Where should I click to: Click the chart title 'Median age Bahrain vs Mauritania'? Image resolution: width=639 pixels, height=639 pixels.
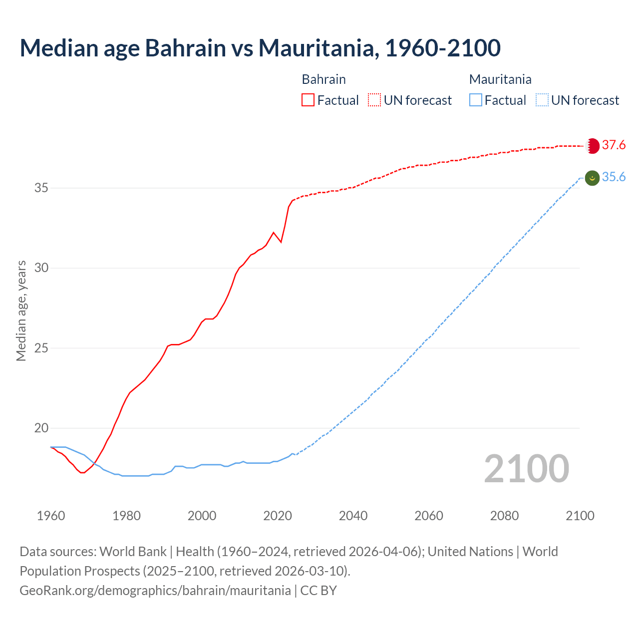point(260,48)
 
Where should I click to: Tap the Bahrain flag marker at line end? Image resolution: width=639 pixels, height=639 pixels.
point(592,146)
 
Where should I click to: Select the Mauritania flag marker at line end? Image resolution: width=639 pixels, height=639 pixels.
point(592,178)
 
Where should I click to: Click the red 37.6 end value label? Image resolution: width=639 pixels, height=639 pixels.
point(614,145)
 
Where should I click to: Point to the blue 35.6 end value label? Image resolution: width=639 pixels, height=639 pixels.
point(614,177)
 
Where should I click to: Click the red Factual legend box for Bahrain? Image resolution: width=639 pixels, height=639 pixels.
point(308,100)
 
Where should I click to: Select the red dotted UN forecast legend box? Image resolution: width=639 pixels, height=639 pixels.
point(374,100)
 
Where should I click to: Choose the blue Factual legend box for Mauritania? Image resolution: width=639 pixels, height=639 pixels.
point(476,100)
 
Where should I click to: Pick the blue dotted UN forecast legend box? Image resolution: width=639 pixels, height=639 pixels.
point(542,100)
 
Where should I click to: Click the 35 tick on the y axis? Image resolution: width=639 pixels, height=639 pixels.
point(41,188)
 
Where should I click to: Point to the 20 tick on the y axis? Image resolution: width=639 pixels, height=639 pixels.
point(41,428)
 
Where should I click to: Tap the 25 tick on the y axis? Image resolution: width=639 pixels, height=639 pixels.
point(41,348)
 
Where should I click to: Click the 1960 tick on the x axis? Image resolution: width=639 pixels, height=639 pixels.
point(51,516)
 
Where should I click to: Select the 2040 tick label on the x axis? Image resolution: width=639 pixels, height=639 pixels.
point(353,516)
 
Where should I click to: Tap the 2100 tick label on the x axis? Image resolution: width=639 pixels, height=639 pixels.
point(580,516)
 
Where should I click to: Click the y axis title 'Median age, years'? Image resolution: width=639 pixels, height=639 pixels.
point(21,311)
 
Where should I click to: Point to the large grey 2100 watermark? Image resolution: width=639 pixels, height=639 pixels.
point(526,469)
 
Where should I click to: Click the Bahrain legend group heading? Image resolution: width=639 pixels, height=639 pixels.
point(323,79)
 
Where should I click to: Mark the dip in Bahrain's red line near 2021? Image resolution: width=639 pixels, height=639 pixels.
point(281,242)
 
